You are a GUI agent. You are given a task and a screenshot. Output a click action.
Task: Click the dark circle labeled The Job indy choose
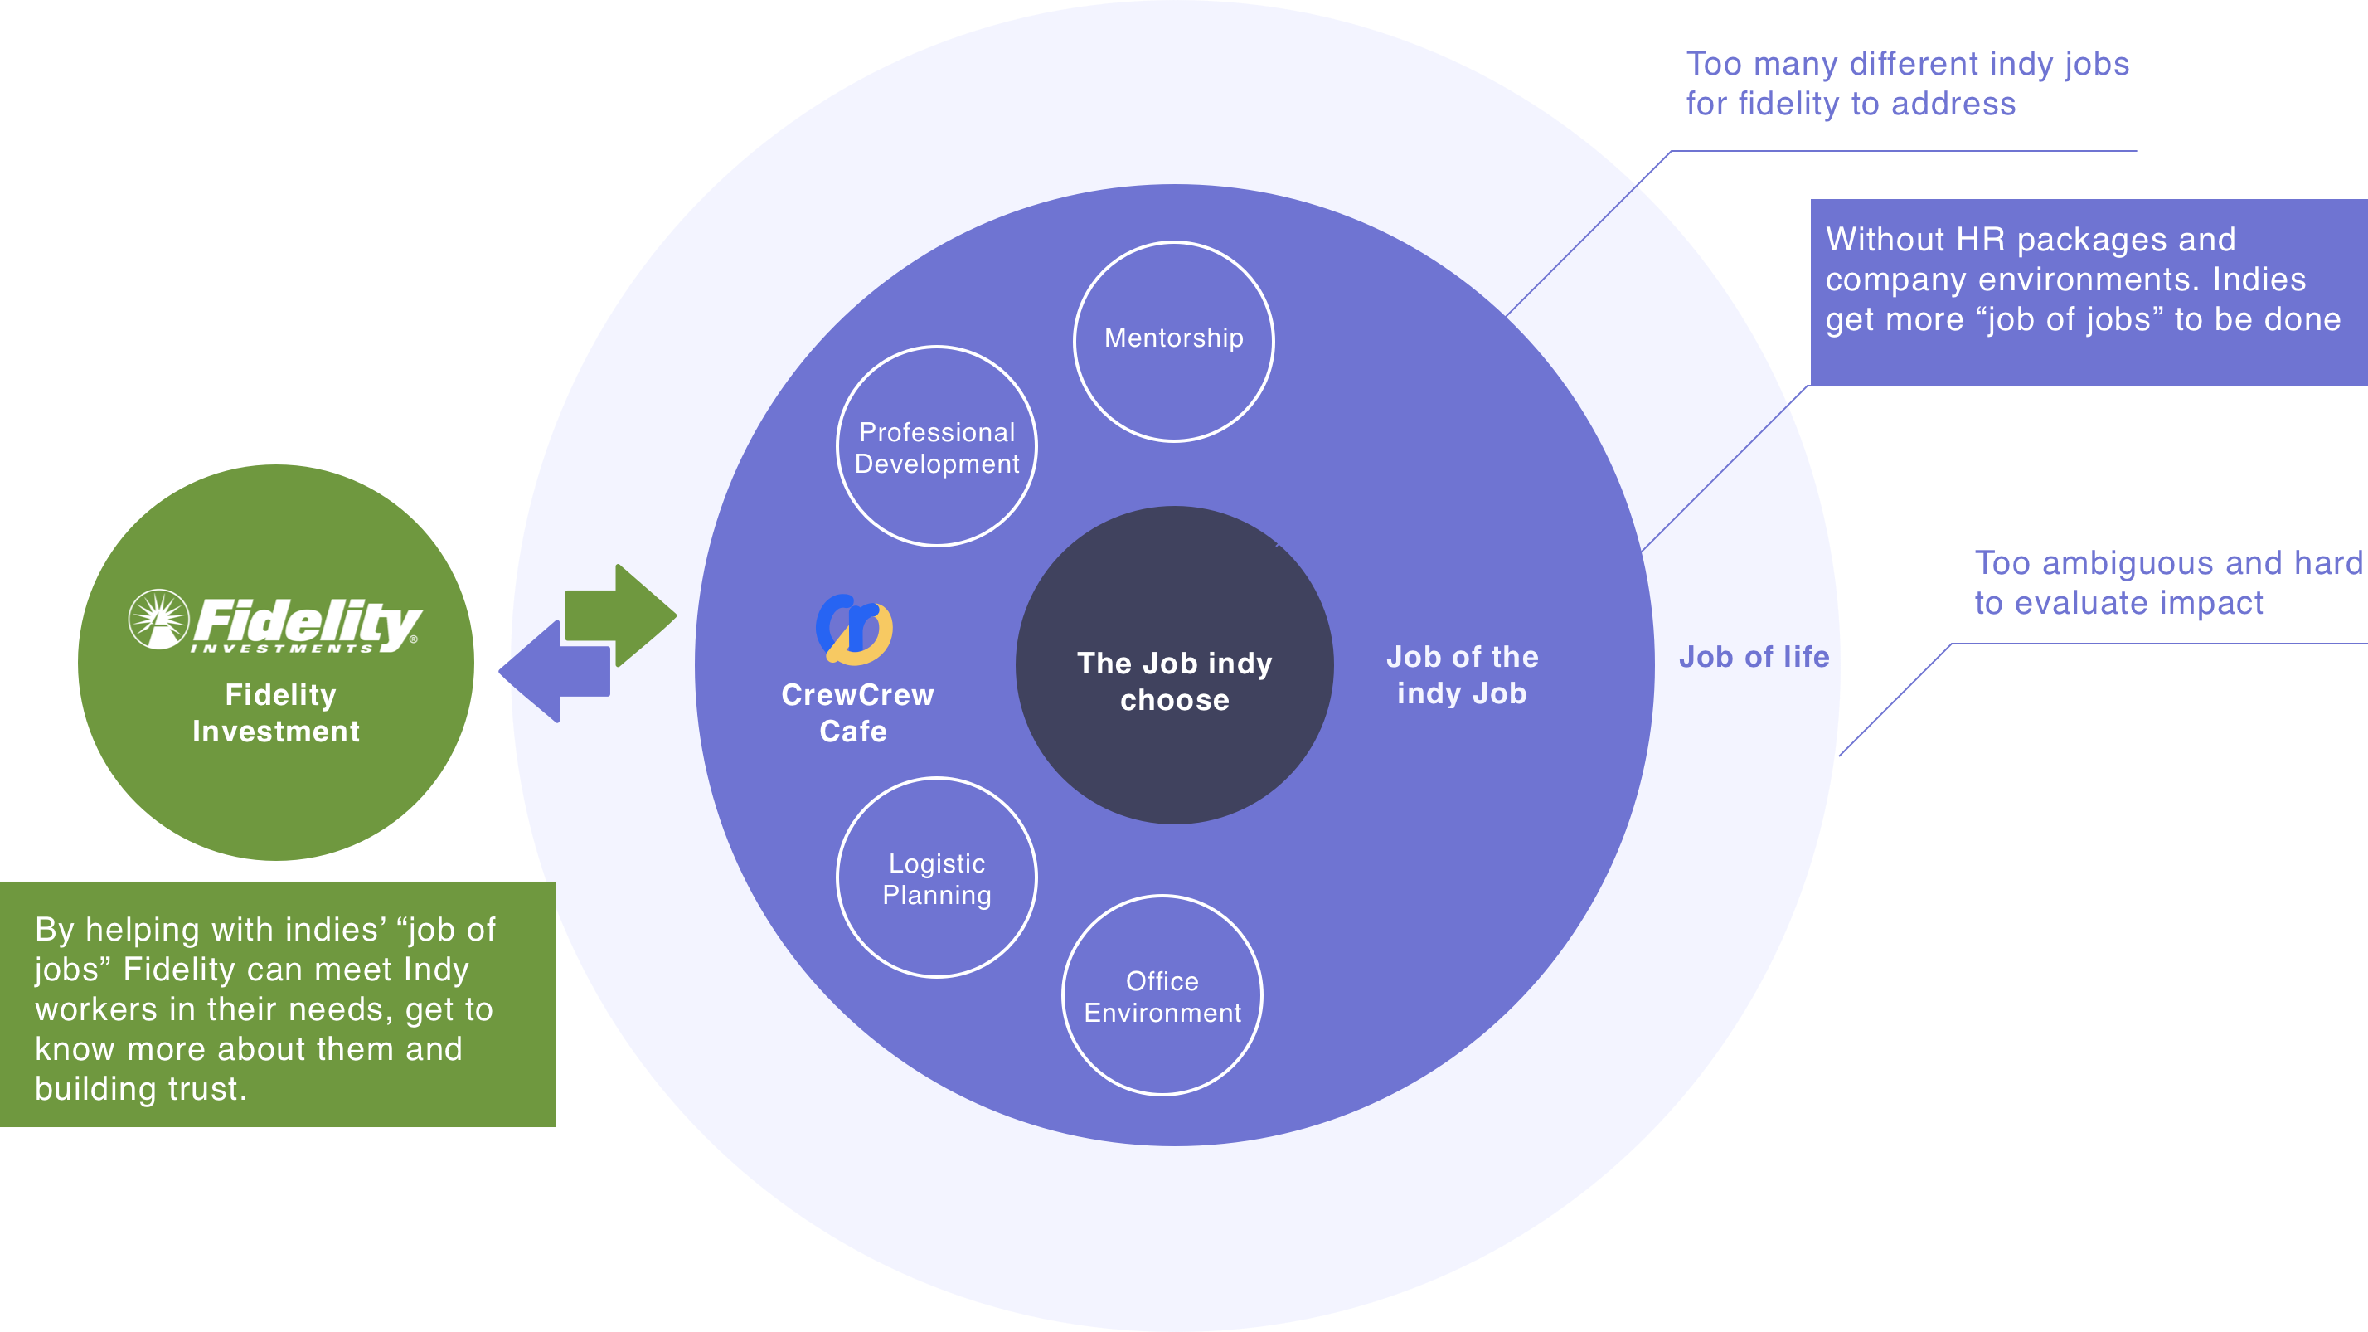tap(1174, 664)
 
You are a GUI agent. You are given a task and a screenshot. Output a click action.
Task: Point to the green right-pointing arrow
tap(621, 615)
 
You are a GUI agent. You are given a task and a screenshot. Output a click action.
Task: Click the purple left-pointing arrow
tap(555, 671)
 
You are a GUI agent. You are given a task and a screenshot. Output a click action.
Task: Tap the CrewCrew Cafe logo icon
tap(854, 630)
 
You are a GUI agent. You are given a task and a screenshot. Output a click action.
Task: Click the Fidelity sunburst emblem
tap(158, 620)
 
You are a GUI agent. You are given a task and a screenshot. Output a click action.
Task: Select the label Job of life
tap(1754, 657)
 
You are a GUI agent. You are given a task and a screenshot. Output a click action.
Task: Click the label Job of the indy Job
tap(1462, 675)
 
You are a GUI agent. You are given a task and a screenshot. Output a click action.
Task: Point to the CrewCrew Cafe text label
tap(856, 712)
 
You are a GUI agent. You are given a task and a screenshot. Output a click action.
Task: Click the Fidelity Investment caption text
tap(277, 712)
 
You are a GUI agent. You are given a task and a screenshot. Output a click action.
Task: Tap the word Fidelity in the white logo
tap(307, 622)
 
